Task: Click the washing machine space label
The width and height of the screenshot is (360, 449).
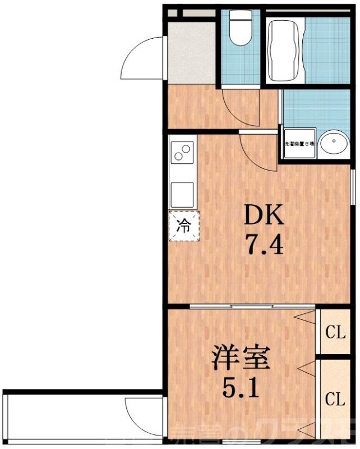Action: point(299,144)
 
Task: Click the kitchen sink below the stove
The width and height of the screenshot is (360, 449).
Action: point(183,194)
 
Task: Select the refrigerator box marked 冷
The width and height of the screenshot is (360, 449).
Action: point(184,226)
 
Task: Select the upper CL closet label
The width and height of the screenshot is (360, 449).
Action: point(335,332)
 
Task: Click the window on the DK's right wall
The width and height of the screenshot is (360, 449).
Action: point(353,185)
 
